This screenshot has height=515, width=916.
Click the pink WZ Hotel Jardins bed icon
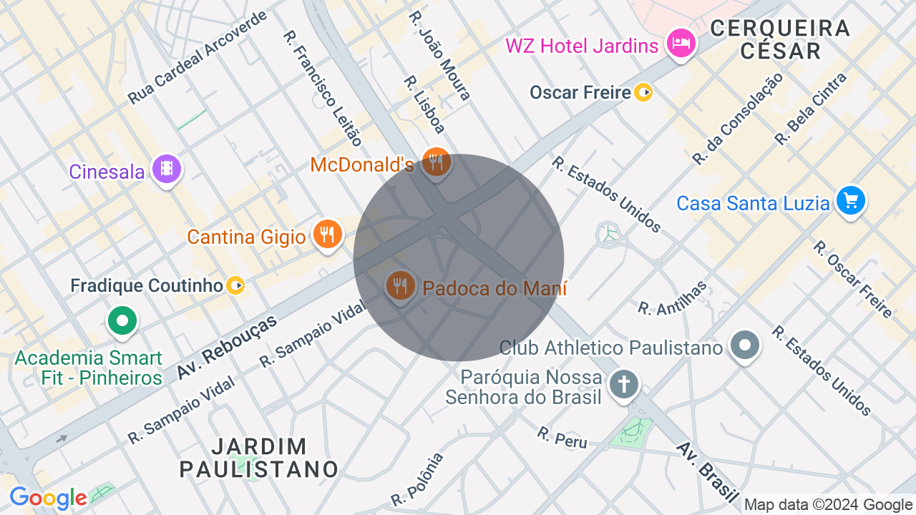pyautogui.click(x=681, y=44)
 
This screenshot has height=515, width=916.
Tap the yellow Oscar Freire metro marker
pyautogui.click(x=643, y=92)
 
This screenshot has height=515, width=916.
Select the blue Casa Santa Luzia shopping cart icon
pyautogui.click(x=850, y=200)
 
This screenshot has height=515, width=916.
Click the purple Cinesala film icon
pyautogui.click(x=167, y=170)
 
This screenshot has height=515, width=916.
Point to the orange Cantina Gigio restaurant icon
pyautogui.click(x=327, y=234)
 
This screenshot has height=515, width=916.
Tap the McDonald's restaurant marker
pyautogui.click(x=436, y=162)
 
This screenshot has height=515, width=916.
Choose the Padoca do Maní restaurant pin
pyautogui.click(x=399, y=285)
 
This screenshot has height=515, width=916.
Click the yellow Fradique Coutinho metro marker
pyautogui.click(x=235, y=286)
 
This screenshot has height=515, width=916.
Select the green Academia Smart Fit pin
pyautogui.click(x=122, y=320)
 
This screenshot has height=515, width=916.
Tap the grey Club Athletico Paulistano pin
pyautogui.click(x=745, y=345)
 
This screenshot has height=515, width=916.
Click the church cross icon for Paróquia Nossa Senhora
pyautogui.click(x=623, y=385)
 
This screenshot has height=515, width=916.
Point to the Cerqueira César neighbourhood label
pyautogui.click(x=780, y=39)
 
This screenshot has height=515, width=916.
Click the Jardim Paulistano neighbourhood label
pyautogui.click(x=258, y=458)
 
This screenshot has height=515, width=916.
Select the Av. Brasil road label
pyautogui.click(x=708, y=471)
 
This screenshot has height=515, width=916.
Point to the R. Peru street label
pyautogui.click(x=562, y=437)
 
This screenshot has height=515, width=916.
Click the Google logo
pyautogui.click(x=48, y=498)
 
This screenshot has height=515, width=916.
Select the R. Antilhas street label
pyautogui.click(x=672, y=298)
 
